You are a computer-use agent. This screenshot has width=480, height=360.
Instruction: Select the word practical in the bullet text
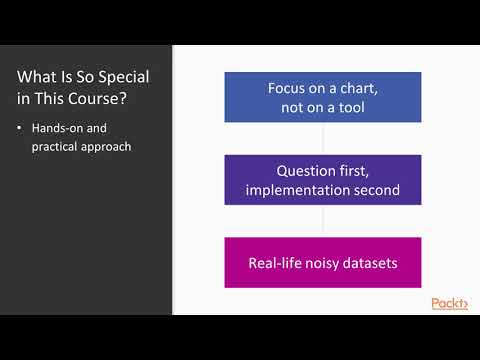(56, 147)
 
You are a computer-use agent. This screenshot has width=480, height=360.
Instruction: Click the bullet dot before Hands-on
(21, 129)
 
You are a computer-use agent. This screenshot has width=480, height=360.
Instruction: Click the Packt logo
(449, 303)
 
